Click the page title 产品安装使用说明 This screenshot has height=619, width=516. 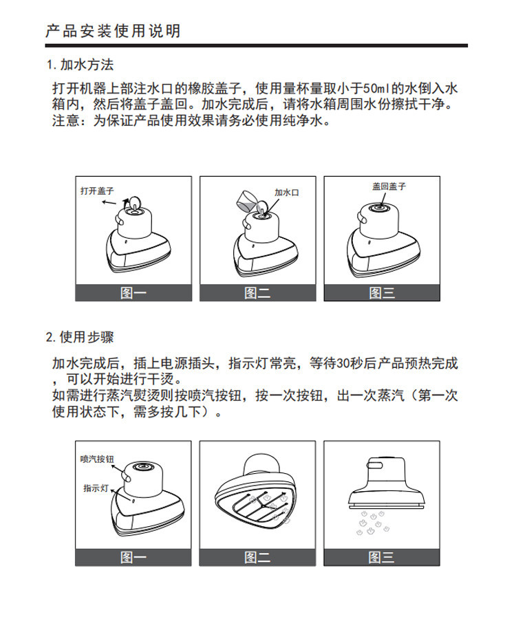pos(113,31)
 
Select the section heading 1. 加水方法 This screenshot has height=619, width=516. pos(80,65)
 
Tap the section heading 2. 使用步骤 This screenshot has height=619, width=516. pos(80,337)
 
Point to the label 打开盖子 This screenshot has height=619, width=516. pos(97,191)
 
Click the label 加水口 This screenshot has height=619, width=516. pos(287,193)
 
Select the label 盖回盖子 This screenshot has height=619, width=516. pos(389,186)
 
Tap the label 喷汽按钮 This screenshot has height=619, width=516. pos(97,459)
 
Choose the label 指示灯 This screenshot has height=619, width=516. pos(96,488)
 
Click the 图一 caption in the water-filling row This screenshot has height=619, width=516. pos(133,293)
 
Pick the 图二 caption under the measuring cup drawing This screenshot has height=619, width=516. pos(257,293)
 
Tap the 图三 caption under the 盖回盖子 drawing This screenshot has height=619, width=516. pos(382,293)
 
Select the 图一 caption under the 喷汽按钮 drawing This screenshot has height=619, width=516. pos(133,557)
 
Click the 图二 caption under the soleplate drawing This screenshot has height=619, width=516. pos(257,557)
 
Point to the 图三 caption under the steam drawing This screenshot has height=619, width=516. pos(381,557)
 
